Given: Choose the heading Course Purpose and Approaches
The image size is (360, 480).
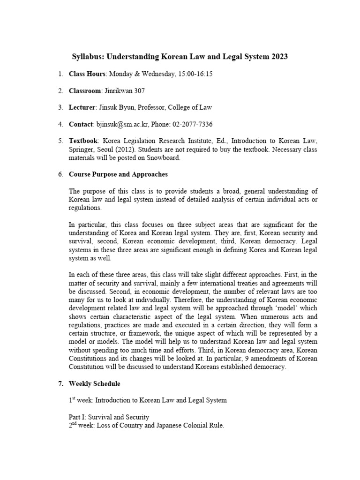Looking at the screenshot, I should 118,174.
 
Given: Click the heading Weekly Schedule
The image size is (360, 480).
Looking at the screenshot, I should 94,383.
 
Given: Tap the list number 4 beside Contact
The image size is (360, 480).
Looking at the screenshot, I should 60,124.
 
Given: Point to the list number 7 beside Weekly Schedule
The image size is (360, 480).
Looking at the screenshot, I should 60,383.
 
